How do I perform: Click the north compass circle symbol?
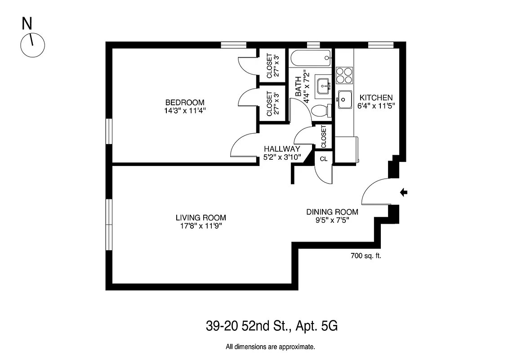33,45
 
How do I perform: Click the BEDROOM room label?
184,102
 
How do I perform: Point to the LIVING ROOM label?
201,218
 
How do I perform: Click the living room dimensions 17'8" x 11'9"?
201,226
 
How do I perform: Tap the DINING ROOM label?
332,212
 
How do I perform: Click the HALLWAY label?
282,149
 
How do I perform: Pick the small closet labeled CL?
323,159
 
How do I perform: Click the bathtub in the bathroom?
311,58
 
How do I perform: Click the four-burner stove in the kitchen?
344,75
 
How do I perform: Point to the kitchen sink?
345,100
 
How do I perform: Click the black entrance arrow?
404,193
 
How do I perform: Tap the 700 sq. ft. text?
366,256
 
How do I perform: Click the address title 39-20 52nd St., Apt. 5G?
271,326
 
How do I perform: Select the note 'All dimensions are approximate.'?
270,347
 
